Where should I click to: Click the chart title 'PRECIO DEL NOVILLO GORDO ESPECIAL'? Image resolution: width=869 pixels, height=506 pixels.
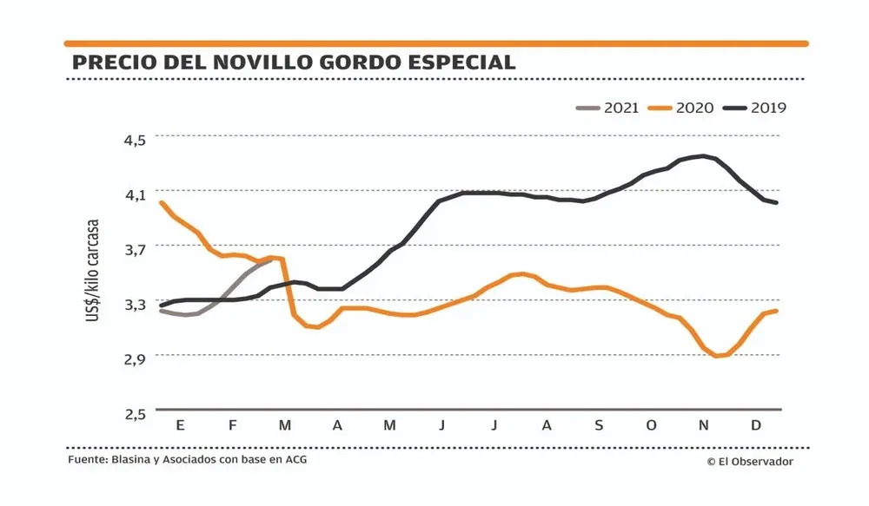coord(294,62)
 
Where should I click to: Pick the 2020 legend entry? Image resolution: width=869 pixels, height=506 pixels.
coord(682,108)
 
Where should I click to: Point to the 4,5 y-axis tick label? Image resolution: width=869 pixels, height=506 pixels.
coord(138,138)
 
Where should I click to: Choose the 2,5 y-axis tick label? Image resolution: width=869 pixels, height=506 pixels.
coord(138,415)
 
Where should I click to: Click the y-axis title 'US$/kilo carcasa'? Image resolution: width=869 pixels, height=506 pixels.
coord(92,271)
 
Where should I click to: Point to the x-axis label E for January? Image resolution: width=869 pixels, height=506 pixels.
coord(180,425)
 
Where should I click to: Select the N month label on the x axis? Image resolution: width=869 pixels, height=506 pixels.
coord(704,425)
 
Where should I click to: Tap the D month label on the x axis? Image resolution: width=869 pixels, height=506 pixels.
coord(755,425)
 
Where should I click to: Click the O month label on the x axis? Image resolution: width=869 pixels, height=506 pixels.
coord(652,425)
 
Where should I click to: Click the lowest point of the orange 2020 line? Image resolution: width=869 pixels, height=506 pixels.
coord(718,356)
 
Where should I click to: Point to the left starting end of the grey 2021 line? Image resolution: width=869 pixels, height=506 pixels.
coord(163,310)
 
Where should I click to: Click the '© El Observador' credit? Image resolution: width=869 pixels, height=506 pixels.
coord(749,462)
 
